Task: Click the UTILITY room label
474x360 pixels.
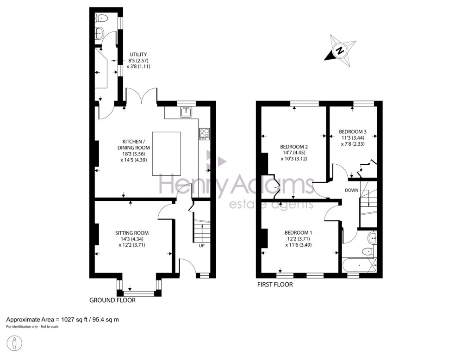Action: click(x=138, y=55)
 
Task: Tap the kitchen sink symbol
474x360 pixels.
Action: click(x=186, y=112)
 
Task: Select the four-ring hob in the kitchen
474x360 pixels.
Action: click(x=204, y=134)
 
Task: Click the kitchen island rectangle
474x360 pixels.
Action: click(x=167, y=154)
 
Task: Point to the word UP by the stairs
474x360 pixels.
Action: click(x=202, y=245)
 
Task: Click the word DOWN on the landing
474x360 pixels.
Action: click(x=352, y=190)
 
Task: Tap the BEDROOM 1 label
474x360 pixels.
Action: click(x=299, y=233)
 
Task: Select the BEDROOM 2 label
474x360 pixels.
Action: click(x=294, y=147)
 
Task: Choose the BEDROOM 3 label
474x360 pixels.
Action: click(x=352, y=132)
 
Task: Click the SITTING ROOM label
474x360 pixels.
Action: click(x=132, y=233)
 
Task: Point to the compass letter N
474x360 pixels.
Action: click(x=341, y=50)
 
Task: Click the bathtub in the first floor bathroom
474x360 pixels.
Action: click(x=359, y=265)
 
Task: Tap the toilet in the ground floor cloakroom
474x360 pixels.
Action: click(x=101, y=19)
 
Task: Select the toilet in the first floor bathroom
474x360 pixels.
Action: click(x=368, y=251)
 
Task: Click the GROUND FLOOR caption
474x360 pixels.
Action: click(x=112, y=300)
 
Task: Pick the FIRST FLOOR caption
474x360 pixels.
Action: click(x=275, y=285)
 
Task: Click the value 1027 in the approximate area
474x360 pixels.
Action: click(x=68, y=319)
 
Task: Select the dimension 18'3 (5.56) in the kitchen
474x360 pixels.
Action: click(x=134, y=154)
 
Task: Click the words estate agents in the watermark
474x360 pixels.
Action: click(x=271, y=205)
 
